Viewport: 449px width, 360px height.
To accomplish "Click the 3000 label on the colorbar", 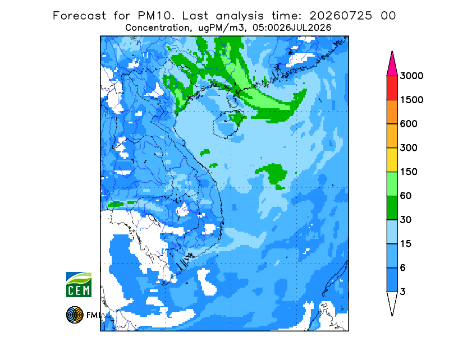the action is (411, 76).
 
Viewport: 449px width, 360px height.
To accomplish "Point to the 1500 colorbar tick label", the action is (411, 100).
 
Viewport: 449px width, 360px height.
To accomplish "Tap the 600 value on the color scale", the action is (409, 124).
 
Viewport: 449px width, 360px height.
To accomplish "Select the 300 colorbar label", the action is (409, 148).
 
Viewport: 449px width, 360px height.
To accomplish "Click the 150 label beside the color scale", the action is (409, 172).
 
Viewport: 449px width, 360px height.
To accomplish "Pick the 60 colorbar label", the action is (405, 196).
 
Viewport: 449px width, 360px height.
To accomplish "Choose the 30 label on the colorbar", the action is (405, 220).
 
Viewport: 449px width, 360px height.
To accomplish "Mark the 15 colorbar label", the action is (405, 244).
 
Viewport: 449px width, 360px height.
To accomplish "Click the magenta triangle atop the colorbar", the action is (392, 66).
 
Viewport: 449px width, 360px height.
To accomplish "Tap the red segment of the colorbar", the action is (392, 88).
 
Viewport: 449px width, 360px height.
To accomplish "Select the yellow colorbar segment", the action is (392, 160).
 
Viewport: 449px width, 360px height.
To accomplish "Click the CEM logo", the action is (79, 284).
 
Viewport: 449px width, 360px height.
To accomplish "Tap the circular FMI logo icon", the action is (75, 315).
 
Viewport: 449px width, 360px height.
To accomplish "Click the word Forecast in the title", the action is (79, 16).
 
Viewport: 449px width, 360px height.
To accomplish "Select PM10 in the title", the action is (155, 16).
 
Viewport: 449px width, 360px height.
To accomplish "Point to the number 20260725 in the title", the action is (341, 16).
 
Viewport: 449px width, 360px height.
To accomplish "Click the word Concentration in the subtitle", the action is (157, 28).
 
